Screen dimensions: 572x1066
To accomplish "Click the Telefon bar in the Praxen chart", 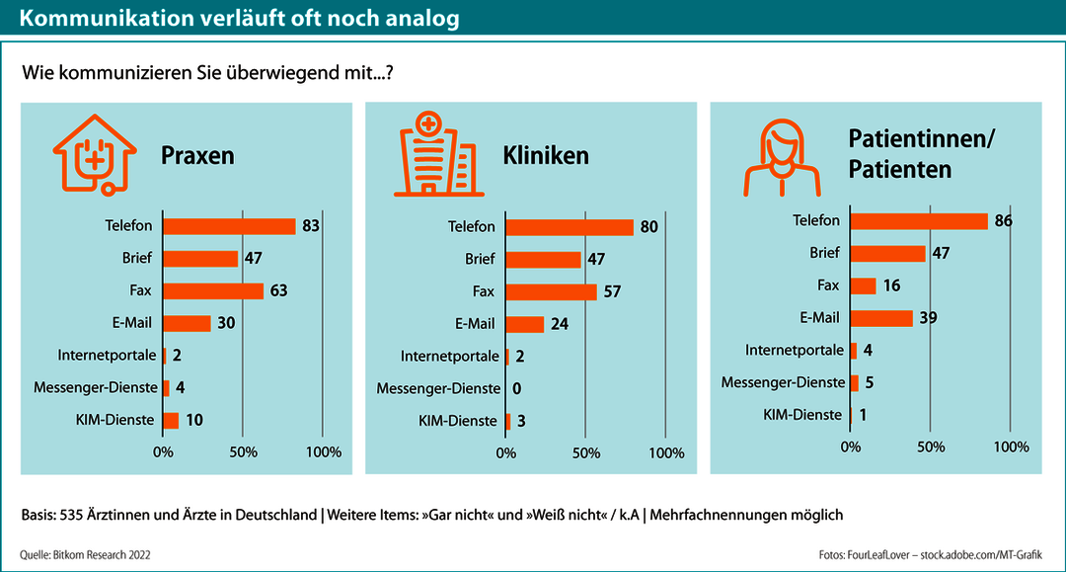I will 229,226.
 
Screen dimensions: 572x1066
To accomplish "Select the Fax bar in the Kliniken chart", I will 551,292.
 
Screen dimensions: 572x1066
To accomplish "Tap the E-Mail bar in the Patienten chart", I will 881,318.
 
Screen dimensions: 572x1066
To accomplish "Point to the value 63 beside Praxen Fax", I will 279,291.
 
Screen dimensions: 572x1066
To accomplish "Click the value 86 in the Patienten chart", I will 1005,221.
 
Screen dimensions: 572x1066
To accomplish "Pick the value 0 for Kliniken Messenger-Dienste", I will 517,388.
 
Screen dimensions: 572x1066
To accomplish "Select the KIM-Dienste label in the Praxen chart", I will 114,420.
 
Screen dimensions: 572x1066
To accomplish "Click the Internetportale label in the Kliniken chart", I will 448,356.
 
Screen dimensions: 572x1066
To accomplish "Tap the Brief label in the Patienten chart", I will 824,253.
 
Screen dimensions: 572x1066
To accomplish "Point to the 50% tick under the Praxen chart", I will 244,452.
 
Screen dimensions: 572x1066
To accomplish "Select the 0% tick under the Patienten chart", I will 850,447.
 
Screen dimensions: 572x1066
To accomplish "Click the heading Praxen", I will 197,156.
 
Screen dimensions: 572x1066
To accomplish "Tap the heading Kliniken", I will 546,156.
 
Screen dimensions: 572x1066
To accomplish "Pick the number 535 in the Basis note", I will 72,516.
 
